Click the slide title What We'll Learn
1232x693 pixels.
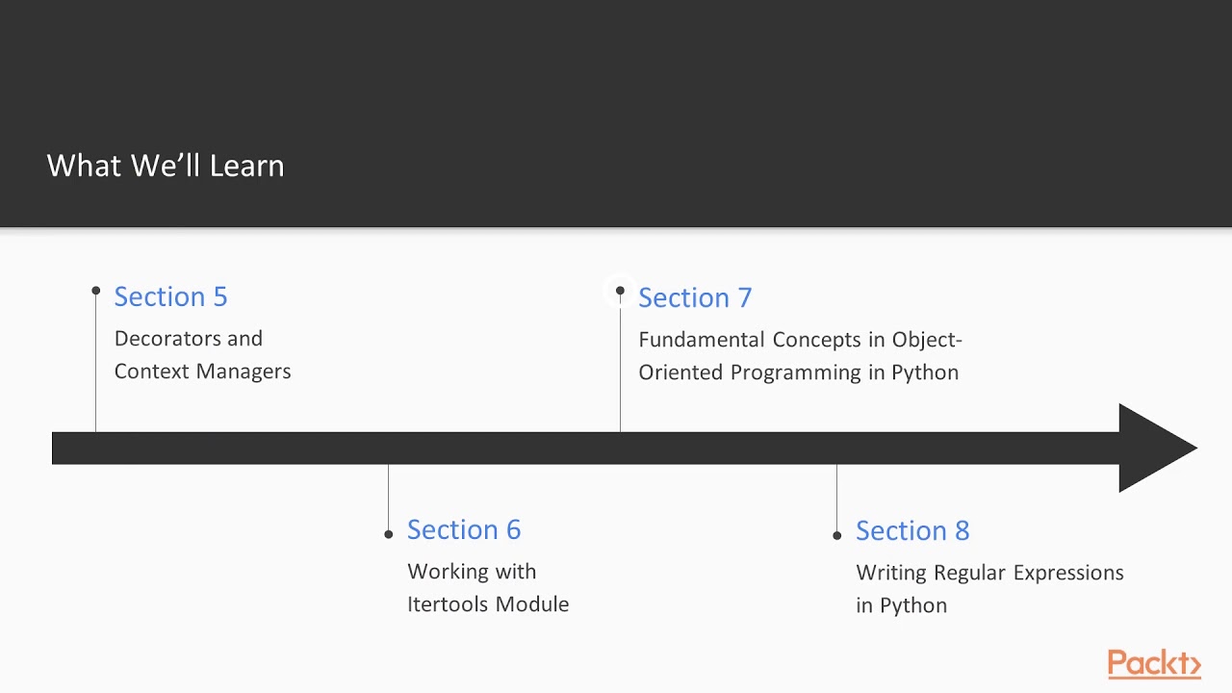point(166,166)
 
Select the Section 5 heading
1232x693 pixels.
point(170,296)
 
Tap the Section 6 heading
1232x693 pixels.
point(463,529)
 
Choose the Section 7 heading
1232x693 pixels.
point(694,297)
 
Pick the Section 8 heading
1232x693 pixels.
point(911,530)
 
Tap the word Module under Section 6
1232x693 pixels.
point(533,604)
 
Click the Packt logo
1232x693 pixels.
point(1153,664)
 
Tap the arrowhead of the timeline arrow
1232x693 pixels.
point(1155,449)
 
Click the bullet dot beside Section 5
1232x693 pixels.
point(96,291)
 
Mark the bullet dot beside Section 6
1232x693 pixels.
point(388,534)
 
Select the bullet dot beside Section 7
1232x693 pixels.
point(620,291)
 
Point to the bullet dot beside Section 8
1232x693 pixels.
point(836,535)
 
